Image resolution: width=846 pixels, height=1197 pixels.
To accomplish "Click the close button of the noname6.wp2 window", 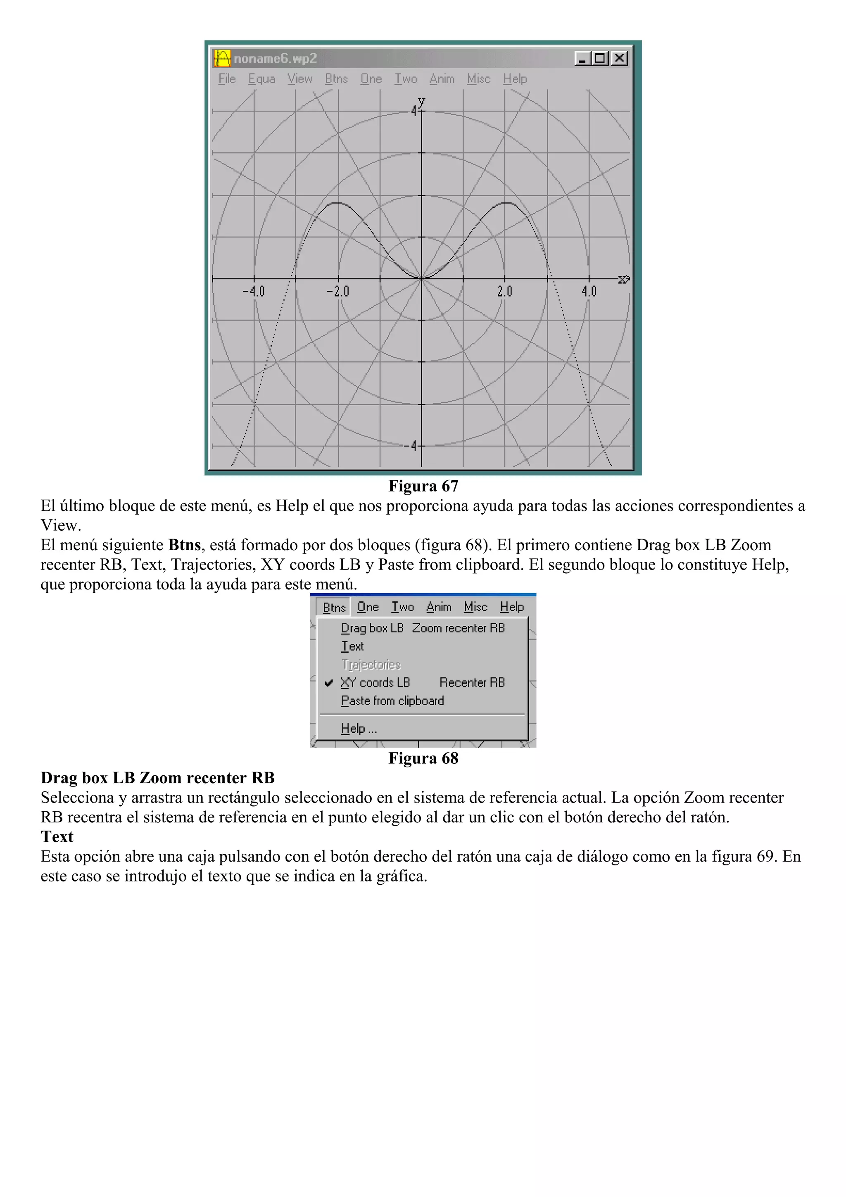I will click(x=619, y=58).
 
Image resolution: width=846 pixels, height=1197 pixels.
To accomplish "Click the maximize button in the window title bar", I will click(x=601, y=58).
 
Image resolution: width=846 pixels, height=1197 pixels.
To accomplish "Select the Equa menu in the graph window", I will click(x=261, y=79).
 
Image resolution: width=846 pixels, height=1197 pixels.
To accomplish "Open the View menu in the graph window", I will click(x=300, y=79).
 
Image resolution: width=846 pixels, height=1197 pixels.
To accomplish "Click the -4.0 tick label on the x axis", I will click(x=254, y=292).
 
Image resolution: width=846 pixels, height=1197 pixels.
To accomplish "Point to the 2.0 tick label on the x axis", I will click(x=504, y=292).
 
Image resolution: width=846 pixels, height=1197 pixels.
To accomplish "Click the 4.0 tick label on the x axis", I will click(x=589, y=292).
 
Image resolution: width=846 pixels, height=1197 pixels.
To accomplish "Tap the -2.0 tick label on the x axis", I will click(x=338, y=292).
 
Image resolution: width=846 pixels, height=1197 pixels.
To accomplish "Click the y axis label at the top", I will click(x=421, y=101).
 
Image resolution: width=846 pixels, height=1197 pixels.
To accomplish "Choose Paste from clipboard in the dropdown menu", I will click(x=392, y=701).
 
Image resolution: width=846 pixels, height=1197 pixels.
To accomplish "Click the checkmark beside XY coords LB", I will click(x=329, y=682).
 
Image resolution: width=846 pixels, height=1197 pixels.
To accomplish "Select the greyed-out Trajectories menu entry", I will click(x=371, y=665).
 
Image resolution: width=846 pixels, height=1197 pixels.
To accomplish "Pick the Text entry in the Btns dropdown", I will click(x=352, y=646).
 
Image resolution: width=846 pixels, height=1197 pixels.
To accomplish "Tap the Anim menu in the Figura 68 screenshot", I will click(x=438, y=607).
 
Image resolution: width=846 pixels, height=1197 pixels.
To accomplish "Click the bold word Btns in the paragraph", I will click(x=184, y=545).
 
